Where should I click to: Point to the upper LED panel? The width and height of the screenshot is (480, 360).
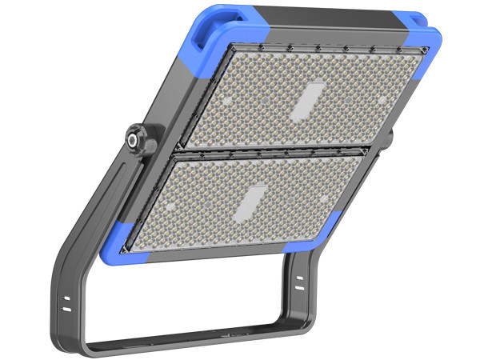pyautogui.click(x=304, y=96)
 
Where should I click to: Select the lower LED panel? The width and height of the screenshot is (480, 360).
pyautogui.click(x=248, y=204)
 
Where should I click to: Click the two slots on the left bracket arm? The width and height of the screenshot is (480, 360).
pyautogui.click(x=67, y=302)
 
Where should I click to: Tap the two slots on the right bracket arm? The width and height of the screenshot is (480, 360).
pyautogui.click(x=298, y=282)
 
